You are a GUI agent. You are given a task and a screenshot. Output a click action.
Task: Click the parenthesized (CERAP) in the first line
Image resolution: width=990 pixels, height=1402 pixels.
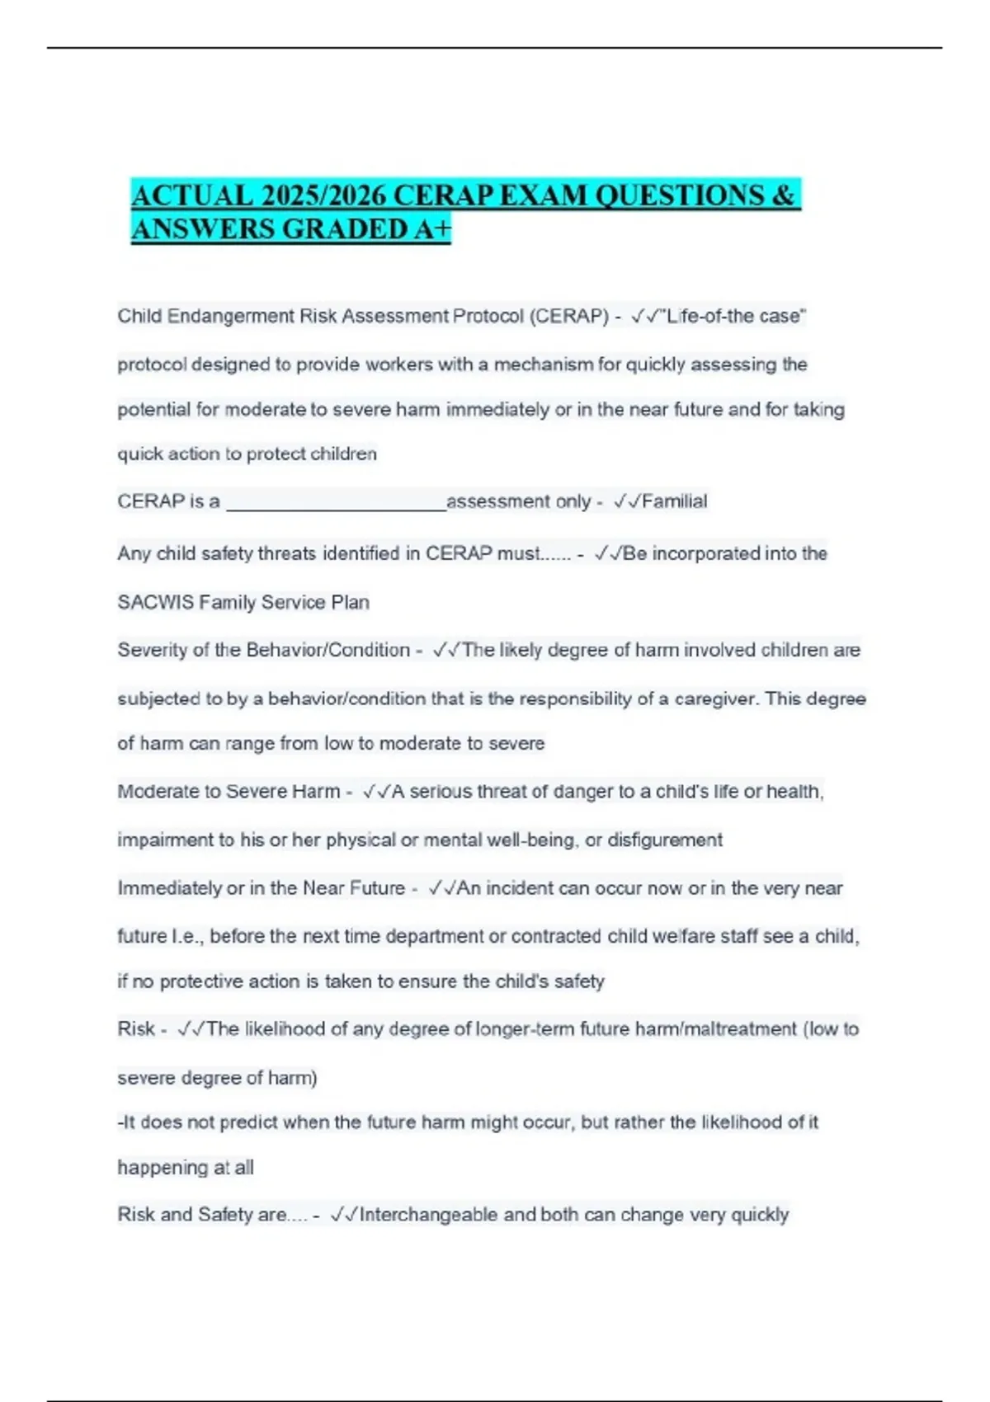[568, 317]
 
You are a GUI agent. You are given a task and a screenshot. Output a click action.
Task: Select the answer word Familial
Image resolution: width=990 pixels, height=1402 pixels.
[674, 501]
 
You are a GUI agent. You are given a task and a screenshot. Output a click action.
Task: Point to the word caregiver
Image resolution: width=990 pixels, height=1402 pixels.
[715, 699]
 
